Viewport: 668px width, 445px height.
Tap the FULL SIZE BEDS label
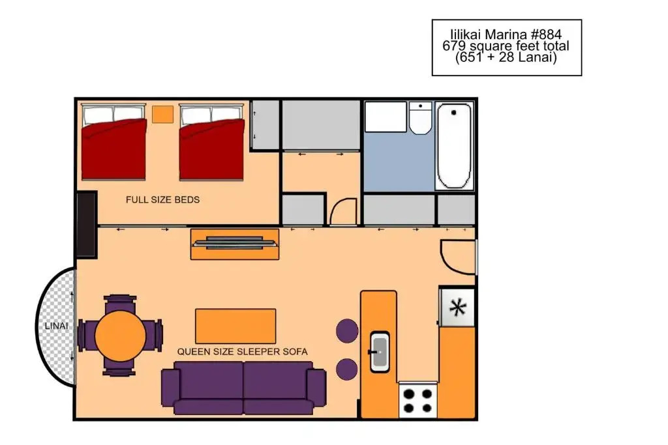click(x=162, y=199)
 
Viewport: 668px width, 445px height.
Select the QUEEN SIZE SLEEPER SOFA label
click(x=243, y=352)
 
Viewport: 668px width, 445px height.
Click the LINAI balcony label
click(x=56, y=326)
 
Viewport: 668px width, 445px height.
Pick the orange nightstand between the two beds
click(x=162, y=114)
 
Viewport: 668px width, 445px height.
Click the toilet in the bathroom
click(x=420, y=117)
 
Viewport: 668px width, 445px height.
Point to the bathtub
click(x=454, y=145)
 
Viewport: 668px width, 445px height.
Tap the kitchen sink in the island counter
click(x=379, y=352)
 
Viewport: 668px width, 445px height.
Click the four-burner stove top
click(x=417, y=400)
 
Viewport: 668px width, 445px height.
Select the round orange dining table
click(x=120, y=336)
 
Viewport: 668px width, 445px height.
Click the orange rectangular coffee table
click(x=235, y=326)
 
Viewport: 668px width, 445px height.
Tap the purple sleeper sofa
click(x=244, y=388)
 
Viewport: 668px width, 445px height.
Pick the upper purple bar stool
click(x=347, y=330)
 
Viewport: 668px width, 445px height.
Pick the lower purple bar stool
click(x=347, y=369)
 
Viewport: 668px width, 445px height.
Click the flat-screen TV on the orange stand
click(x=235, y=244)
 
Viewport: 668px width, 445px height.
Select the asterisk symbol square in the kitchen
click(x=457, y=307)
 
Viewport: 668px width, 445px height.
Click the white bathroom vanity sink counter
click(x=386, y=117)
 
